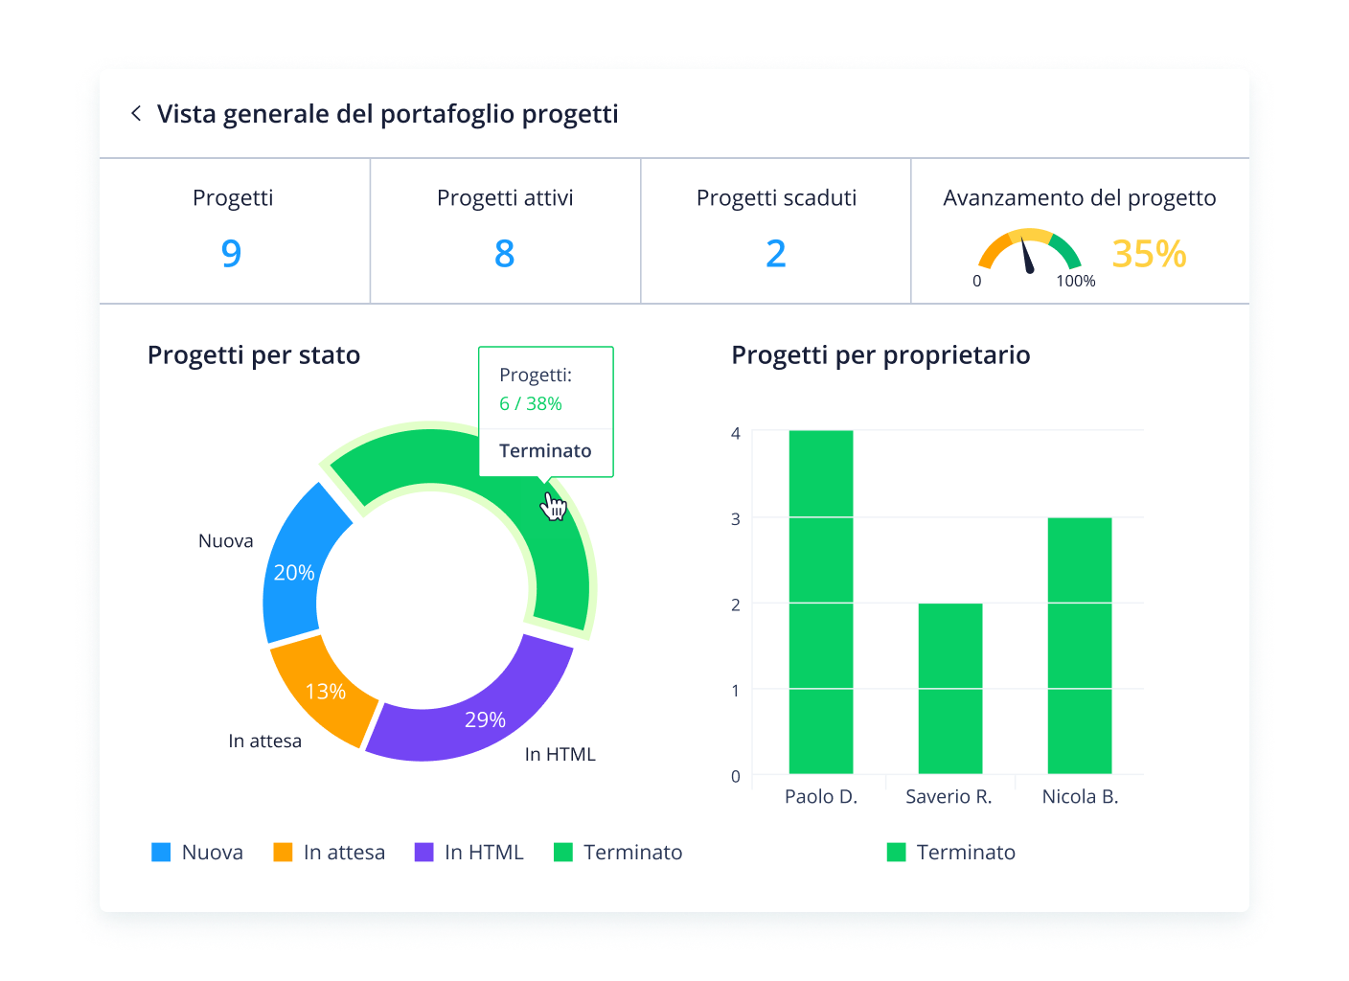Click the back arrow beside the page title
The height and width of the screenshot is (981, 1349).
coord(136,114)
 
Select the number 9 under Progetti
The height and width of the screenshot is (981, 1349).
coord(231,253)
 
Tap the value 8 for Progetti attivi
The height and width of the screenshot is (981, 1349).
coord(504,253)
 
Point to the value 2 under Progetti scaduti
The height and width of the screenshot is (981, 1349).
coord(775,253)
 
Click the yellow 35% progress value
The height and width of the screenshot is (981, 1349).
coord(1148,254)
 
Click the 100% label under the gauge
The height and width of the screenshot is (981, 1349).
coord(1075,281)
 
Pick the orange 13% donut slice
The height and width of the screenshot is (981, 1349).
coord(324,690)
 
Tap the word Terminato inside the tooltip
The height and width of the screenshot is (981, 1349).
coord(545,450)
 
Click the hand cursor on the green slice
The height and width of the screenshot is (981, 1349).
coord(553,506)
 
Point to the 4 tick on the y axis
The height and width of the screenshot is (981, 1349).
coord(736,433)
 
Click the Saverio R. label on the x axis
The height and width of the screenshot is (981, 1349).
coord(949,796)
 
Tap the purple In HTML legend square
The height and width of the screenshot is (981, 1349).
coord(423,852)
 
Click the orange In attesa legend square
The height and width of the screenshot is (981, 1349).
coord(283,852)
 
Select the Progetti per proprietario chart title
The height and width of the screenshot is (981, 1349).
coord(880,354)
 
